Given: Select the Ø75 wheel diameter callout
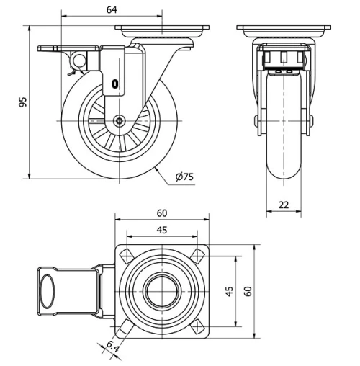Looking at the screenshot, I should pos(184,177).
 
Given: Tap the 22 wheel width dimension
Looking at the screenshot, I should pos(284,205).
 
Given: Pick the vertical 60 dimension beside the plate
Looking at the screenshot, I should pos(248,291).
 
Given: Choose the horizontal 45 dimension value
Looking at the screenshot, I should pos(161,230).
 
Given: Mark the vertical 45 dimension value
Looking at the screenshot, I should pos(230,291).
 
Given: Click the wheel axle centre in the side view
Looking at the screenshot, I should pos(119,122).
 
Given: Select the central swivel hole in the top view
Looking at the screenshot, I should pos(162,292).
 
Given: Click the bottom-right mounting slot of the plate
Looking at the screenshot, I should pos(197,327).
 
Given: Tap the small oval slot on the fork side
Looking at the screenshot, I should pos(115,84).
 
